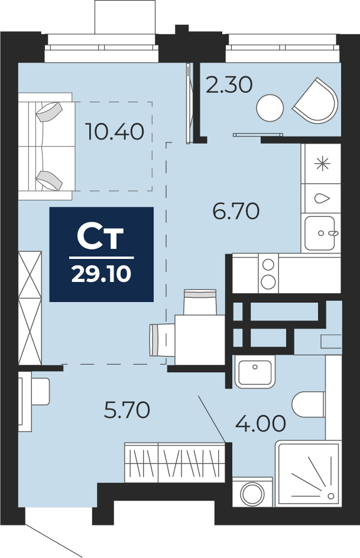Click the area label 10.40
[115, 131]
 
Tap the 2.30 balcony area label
[229, 85]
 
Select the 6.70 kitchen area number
[236, 212]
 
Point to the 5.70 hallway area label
[127, 410]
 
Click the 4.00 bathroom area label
[261, 423]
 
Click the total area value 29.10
[102, 274]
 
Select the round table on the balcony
[270, 108]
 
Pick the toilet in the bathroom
[309, 404]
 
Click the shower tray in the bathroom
[308, 473]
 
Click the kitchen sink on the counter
[320, 233]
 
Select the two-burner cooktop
[268, 273]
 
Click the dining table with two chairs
[200, 340]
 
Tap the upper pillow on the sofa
[49, 111]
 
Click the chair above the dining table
[200, 302]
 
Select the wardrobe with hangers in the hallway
[174, 462]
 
